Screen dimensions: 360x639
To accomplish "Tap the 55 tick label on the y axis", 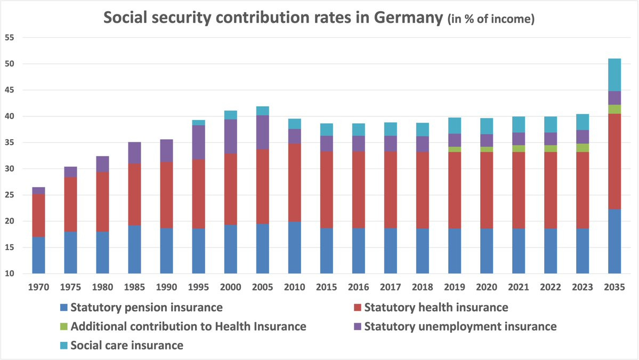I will [x=9, y=38].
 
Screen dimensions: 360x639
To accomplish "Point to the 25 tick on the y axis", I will [x=9, y=195].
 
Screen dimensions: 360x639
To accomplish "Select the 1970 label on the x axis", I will [x=39, y=287].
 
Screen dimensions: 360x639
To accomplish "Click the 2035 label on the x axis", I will [x=614, y=287].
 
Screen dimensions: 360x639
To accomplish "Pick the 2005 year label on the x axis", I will [x=263, y=287].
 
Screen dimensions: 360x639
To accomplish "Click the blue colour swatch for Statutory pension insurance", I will [x=64, y=308].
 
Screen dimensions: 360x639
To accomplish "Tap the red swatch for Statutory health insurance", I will [x=357, y=308].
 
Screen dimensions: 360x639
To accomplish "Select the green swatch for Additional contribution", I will [x=64, y=326].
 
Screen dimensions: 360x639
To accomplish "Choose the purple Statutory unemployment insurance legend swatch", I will [x=357, y=326].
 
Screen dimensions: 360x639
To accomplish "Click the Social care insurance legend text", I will [x=127, y=345].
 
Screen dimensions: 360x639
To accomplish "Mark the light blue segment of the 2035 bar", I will [x=614, y=75].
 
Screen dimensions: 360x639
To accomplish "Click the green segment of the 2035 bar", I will [x=614, y=109].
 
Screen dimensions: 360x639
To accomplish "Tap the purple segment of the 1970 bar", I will [x=38, y=190].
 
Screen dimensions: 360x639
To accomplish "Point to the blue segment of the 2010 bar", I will [x=294, y=247].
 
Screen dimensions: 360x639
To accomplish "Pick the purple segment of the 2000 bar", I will [x=230, y=136].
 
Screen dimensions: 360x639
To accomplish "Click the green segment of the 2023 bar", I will [x=583, y=148].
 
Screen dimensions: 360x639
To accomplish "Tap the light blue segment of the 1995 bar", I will [x=198, y=123].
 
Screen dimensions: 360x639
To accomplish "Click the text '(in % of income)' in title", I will [x=490, y=19].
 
